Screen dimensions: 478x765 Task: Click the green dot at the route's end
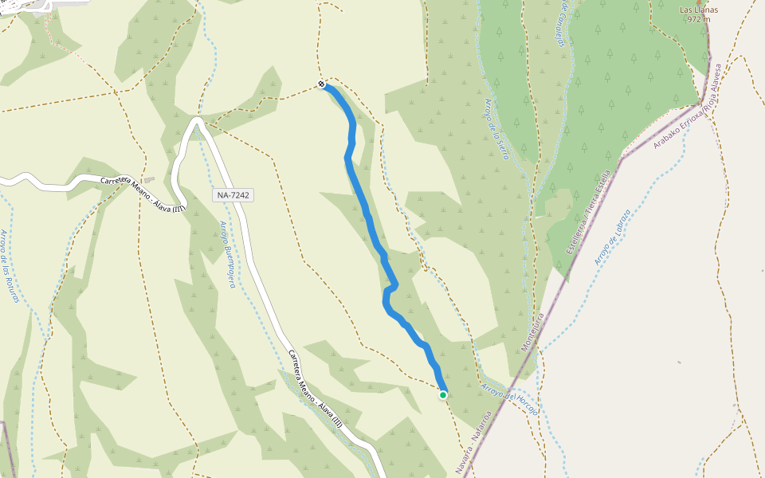point(443,394)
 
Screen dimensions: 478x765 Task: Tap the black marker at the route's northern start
point(321,84)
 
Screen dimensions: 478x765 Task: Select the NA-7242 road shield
point(233,195)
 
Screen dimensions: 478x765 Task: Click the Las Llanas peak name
point(699,10)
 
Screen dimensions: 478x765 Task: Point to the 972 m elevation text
point(698,20)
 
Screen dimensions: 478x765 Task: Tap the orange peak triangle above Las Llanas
point(699,2)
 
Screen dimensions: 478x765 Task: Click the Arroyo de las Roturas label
point(10,266)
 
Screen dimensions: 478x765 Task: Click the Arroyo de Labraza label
point(613,237)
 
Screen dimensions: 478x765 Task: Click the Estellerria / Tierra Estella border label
point(590,211)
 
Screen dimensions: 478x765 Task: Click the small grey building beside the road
point(149,180)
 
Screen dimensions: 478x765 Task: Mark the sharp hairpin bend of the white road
point(196,121)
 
